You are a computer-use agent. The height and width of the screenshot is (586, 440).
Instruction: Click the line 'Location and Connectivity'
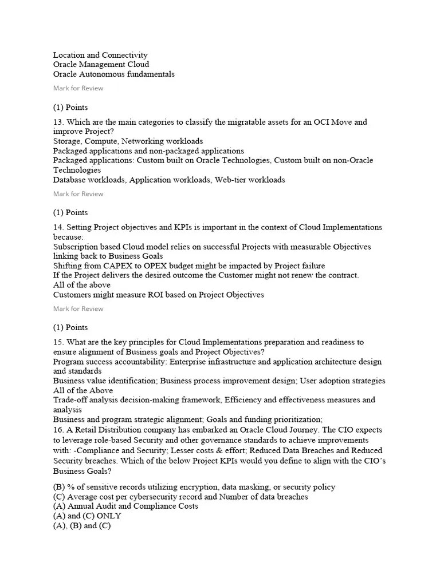100,55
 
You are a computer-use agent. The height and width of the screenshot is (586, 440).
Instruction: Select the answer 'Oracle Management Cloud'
101,65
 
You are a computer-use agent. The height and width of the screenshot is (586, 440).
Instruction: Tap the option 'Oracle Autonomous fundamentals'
113,74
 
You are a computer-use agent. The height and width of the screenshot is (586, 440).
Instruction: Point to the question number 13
58,122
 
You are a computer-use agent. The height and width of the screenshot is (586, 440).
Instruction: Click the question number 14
58,227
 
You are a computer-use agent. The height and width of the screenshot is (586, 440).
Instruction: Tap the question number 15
58,342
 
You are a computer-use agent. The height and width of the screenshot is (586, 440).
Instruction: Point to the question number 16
58,430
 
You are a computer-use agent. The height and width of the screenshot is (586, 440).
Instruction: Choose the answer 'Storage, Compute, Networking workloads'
128,141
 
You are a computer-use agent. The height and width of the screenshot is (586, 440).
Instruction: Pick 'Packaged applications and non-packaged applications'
148,151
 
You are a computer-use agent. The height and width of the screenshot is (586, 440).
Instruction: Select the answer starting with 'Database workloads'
168,180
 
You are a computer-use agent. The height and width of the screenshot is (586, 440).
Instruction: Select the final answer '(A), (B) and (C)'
82,526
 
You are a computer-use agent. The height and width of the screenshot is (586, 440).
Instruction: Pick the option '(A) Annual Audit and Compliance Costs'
125,506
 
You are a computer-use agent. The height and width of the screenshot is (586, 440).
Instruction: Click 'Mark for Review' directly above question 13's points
78,88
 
